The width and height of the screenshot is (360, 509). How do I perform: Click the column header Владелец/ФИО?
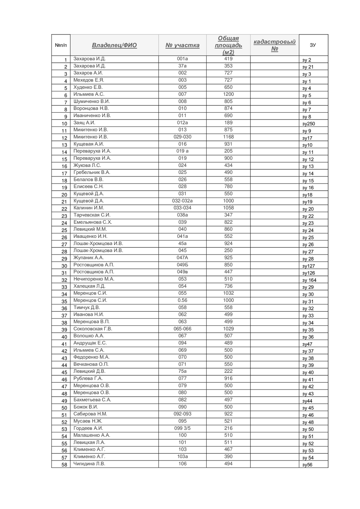coord(114,45)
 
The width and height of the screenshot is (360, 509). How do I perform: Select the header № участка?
coord(182,45)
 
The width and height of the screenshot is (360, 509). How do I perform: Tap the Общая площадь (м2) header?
coord(228,45)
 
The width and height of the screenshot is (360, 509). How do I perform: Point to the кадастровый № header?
coord(274,45)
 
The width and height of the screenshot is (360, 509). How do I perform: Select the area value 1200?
coord(228,94)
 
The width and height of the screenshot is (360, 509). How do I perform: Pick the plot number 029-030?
coord(182,137)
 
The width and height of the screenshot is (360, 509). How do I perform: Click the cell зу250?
coord(308,124)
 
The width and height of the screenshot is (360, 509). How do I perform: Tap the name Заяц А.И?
coord(84,122)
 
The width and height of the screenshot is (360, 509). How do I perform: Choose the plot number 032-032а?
coord(182,201)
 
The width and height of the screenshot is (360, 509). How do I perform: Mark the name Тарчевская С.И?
coord(92,215)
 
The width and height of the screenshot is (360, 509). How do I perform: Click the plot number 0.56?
coord(182,300)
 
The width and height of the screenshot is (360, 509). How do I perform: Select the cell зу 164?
coord(309,280)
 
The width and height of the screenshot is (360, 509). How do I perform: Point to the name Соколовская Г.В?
coord(93,328)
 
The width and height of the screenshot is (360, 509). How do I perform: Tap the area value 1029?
coord(228,328)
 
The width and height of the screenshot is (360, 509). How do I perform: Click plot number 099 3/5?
coord(182,428)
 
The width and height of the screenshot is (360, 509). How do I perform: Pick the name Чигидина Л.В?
coord(89,464)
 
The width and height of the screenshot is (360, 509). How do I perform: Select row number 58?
coord(64,465)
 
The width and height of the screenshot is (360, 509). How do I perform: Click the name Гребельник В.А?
coord(92,172)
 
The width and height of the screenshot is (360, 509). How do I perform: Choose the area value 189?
coord(228,122)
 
